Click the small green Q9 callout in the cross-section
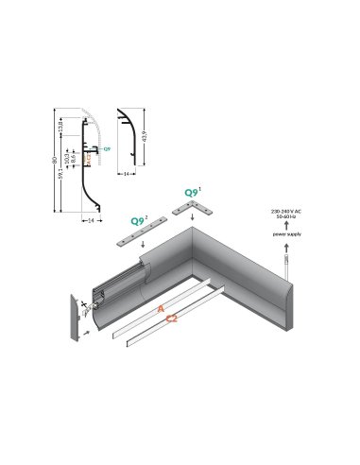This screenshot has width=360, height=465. (106, 150)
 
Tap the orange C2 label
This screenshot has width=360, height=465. (173, 319)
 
